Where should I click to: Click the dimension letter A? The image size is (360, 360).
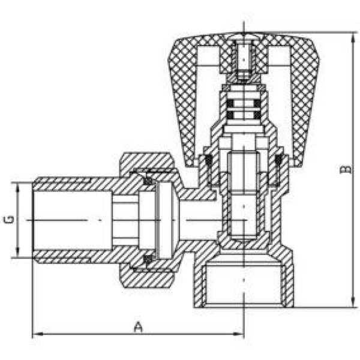pyautogui.click(x=138, y=327)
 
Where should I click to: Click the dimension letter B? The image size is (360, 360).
pyautogui.click(x=346, y=169)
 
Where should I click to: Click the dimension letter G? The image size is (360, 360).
pyautogui.click(x=9, y=220)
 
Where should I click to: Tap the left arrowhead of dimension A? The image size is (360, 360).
pyautogui.click(x=37, y=334)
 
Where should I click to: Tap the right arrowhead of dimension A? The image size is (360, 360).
pyautogui.click(x=239, y=334)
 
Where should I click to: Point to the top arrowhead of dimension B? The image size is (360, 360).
pyautogui.click(x=353, y=38)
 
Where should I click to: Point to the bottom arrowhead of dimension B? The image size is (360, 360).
pyautogui.click(x=353, y=302)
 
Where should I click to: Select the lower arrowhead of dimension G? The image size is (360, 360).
pyautogui.click(x=18, y=252)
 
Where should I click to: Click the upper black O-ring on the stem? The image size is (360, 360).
pyautogui.click(x=244, y=104)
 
